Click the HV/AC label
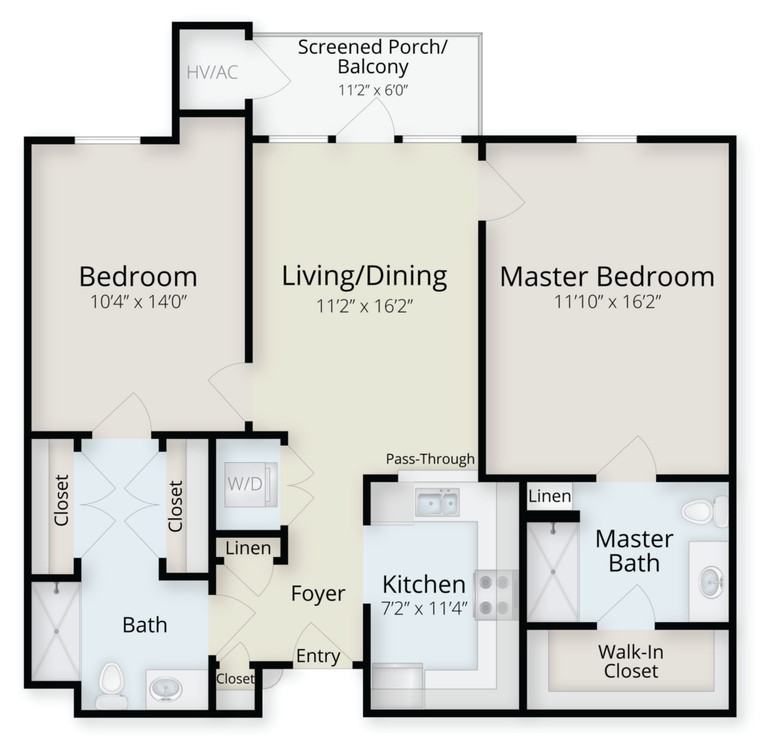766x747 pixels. pos(212,73)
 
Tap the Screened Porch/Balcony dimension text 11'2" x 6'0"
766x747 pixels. pos(373,90)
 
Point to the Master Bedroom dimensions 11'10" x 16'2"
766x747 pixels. pos(607,302)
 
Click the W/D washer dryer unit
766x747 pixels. pos(251,484)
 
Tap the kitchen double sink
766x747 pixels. pos(437,502)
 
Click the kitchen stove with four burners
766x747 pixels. pos(496,595)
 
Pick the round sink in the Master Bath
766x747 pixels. pos(711,582)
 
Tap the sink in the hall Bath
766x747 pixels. pos(165,689)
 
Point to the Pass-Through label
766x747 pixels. pos(430,459)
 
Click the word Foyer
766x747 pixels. pos(318,593)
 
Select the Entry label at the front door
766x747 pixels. pos(318,657)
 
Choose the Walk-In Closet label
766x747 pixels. pos(631,662)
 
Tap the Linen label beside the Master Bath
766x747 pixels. pos(550,496)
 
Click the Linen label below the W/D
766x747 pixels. pos(248,548)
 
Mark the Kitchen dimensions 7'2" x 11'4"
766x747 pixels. pos(424,609)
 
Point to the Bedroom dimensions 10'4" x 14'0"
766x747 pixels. pos(138,302)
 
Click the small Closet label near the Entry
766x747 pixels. pos(236,679)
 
